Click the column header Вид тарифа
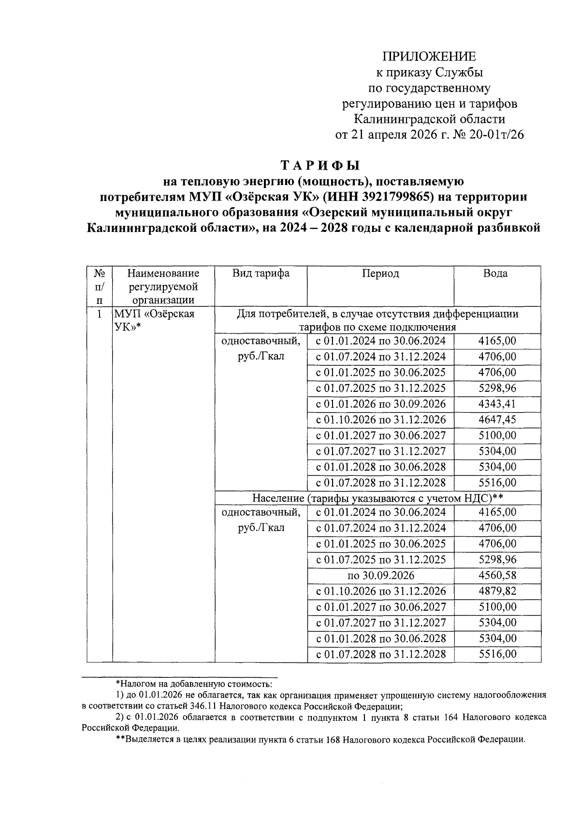(261, 273)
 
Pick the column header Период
(380, 273)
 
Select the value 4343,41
(497, 404)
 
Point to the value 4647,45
(497, 419)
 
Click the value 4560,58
(497, 575)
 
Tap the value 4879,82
(497, 591)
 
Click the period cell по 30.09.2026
(380, 575)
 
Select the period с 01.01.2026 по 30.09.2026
(380, 404)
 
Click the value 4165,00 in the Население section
(497, 512)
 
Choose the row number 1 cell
(99, 315)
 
